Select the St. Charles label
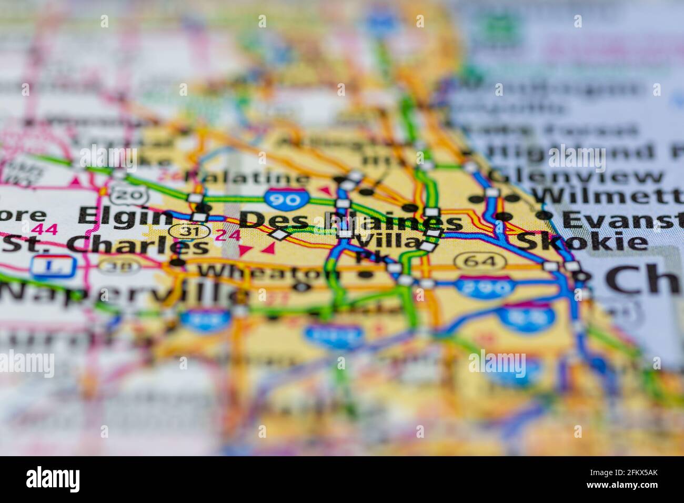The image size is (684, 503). [x=105, y=245]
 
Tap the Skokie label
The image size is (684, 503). [x=581, y=242]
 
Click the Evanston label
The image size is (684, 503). [x=616, y=217]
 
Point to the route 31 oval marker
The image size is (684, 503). [x=187, y=230]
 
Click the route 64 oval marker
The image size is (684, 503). [x=480, y=260]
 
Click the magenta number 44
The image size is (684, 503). [x=44, y=229]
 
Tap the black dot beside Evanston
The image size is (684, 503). [x=544, y=215]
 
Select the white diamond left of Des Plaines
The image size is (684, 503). [x=279, y=234]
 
